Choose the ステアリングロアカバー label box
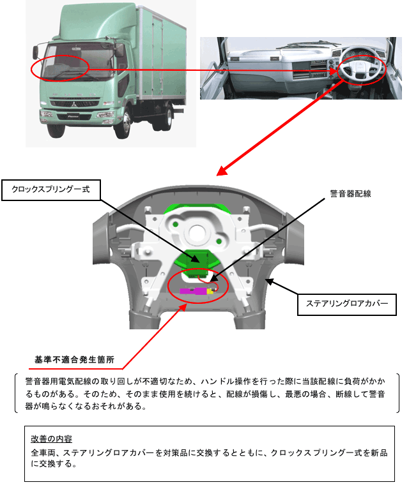[x=347, y=304]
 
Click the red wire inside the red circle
[x=206, y=281]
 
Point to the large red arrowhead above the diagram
[x=221, y=170]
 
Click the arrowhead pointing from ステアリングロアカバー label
[x=268, y=281]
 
